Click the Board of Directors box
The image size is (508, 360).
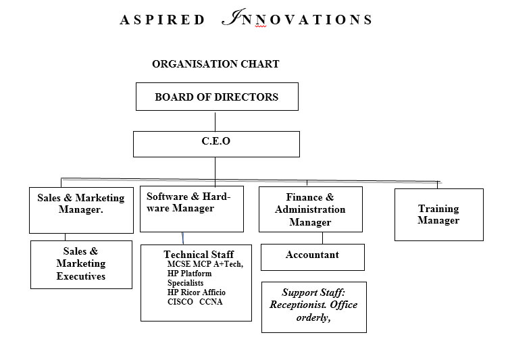[217, 97]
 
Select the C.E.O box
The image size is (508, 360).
[216, 144]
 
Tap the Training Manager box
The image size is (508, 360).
[439, 215]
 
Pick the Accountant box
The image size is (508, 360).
[313, 257]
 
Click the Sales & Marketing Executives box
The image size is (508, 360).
[81, 264]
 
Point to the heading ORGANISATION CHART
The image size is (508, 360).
[215, 64]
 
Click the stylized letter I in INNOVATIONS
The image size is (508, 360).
[233, 17]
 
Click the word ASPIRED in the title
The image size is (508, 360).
[162, 20]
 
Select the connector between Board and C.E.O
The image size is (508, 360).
[215, 121]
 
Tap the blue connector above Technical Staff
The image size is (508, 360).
[182, 238]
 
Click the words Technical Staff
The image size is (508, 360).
[199, 254]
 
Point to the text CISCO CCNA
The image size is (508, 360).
[195, 302]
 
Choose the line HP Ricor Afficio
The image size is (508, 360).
[197, 292]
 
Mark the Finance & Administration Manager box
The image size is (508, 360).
[311, 209]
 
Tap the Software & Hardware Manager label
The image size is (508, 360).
[188, 202]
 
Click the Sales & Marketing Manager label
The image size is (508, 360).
[81, 203]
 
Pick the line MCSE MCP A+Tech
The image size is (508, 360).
[205, 264]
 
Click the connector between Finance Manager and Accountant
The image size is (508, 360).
[323, 238]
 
